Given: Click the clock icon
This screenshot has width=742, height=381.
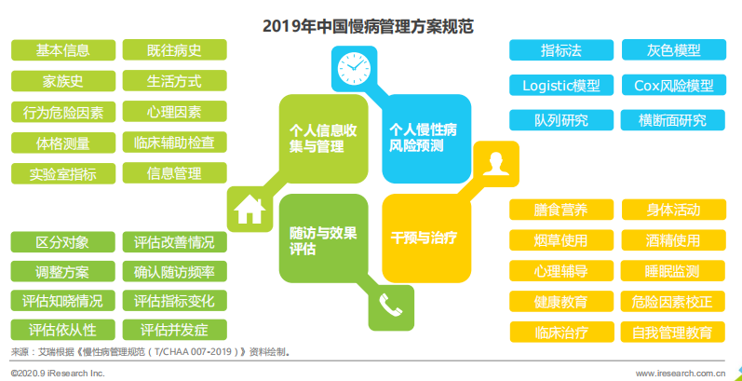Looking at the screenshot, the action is [x=354, y=68].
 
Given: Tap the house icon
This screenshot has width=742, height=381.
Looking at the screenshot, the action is [x=250, y=210].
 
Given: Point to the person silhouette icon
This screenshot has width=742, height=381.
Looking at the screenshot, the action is [x=496, y=164].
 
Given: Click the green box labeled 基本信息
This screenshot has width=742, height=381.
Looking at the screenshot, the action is [x=63, y=50].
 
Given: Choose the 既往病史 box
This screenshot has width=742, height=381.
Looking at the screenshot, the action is [x=175, y=49].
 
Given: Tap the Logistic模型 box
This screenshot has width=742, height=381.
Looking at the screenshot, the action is [x=561, y=85].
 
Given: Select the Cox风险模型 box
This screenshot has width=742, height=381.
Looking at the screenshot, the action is [x=673, y=85].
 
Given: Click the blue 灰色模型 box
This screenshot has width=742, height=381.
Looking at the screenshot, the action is [x=673, y=50].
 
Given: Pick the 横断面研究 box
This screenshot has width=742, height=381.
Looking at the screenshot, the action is [x=672, y=120].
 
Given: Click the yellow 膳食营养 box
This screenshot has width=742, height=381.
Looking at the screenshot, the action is [x=561, y=210].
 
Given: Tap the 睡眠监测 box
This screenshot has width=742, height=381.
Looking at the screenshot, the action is [x=672, y=271].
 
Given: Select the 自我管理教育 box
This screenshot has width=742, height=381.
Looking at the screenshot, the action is [x=672, y=332].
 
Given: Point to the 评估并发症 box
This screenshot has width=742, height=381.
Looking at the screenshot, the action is [x=175, y=330].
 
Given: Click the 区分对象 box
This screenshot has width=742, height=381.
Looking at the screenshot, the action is [x=63, y=242].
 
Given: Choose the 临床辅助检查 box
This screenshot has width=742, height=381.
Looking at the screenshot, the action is [x=175, y=142].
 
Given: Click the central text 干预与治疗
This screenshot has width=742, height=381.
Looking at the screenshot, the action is [x=424, y=238].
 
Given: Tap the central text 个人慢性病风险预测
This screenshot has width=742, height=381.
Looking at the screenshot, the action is [x=423, y=138].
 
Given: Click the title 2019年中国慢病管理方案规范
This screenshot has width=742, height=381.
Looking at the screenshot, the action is [x=368, y=26].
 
